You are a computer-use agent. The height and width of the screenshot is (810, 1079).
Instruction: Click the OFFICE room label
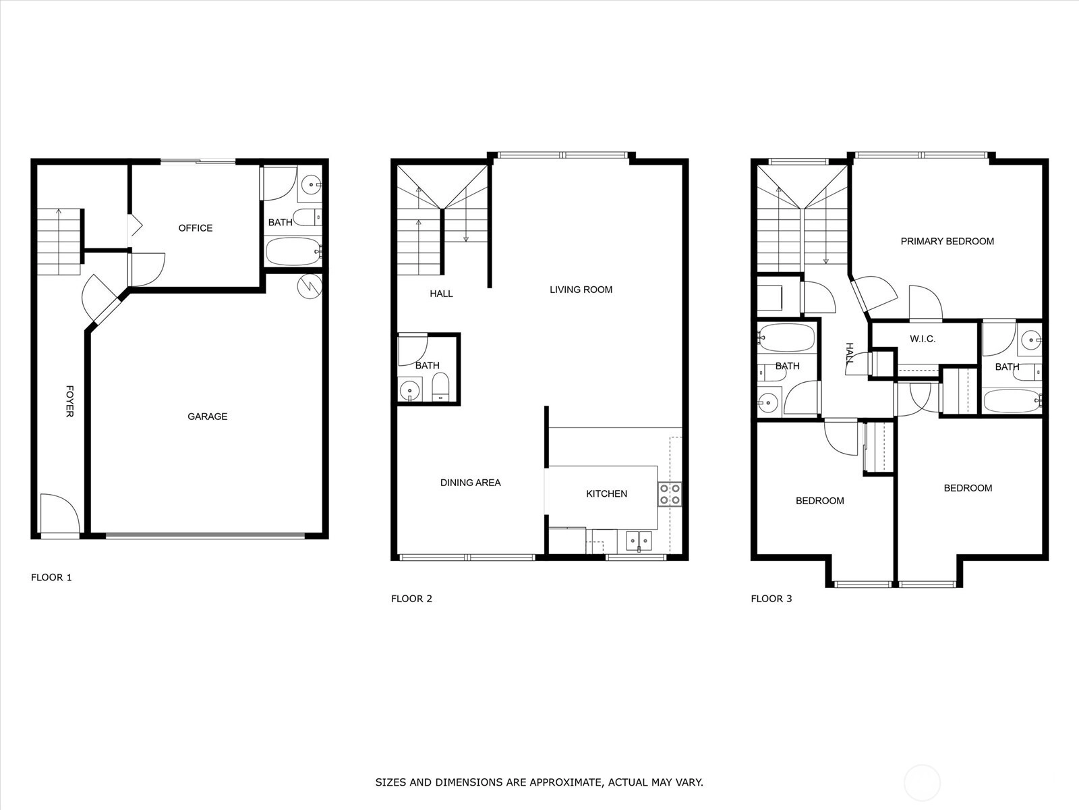point(195,228)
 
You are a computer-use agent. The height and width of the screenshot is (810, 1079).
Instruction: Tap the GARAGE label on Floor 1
point(208,416)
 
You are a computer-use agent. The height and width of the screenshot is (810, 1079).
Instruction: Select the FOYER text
point(70,402)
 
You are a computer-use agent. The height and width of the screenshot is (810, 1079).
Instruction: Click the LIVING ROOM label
point(581,290)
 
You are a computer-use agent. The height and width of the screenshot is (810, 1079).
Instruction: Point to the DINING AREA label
point(471,483)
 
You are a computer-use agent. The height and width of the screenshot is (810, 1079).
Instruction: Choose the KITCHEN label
point(606,494)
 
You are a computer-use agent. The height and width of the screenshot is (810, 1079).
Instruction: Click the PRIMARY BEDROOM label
point(947,242)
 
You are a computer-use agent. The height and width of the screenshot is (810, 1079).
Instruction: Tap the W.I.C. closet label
point(923,339)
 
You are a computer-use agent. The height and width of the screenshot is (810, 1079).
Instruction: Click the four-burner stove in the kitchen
point(670,494)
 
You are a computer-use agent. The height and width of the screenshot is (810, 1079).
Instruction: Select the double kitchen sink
point(639,541)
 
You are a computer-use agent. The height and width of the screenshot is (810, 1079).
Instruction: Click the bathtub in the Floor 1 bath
point(293,252)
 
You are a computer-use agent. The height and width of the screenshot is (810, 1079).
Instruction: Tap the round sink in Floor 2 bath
point(409,391)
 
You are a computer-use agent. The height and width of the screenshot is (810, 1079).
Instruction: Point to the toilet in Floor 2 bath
point(441,387)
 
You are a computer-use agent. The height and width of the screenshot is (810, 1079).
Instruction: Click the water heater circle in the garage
point(310,286)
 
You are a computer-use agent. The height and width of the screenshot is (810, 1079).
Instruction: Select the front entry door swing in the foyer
point(59,513)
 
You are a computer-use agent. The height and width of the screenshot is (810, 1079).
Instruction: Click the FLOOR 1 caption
point(51,577)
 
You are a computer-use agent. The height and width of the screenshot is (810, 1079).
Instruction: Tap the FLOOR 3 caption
point(771,599)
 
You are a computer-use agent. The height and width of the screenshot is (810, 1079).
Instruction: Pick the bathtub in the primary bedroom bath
point(1012,401)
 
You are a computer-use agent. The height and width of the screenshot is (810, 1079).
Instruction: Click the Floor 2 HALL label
point(441,294)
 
